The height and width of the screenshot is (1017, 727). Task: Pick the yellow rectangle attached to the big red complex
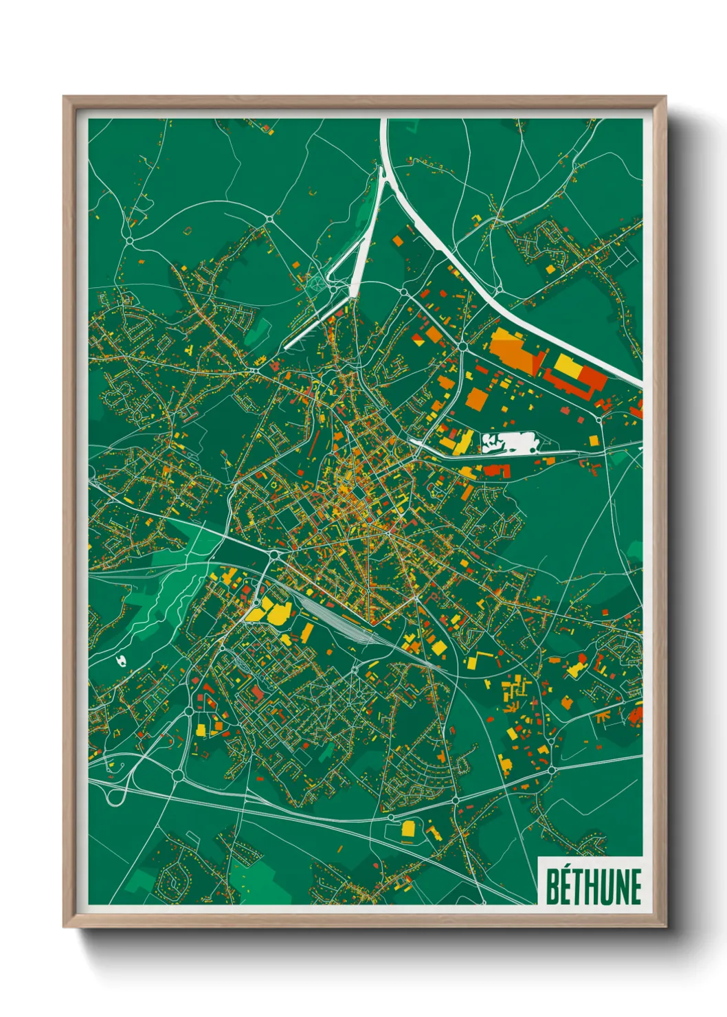point(568,365)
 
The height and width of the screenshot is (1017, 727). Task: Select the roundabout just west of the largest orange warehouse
point(462,346)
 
